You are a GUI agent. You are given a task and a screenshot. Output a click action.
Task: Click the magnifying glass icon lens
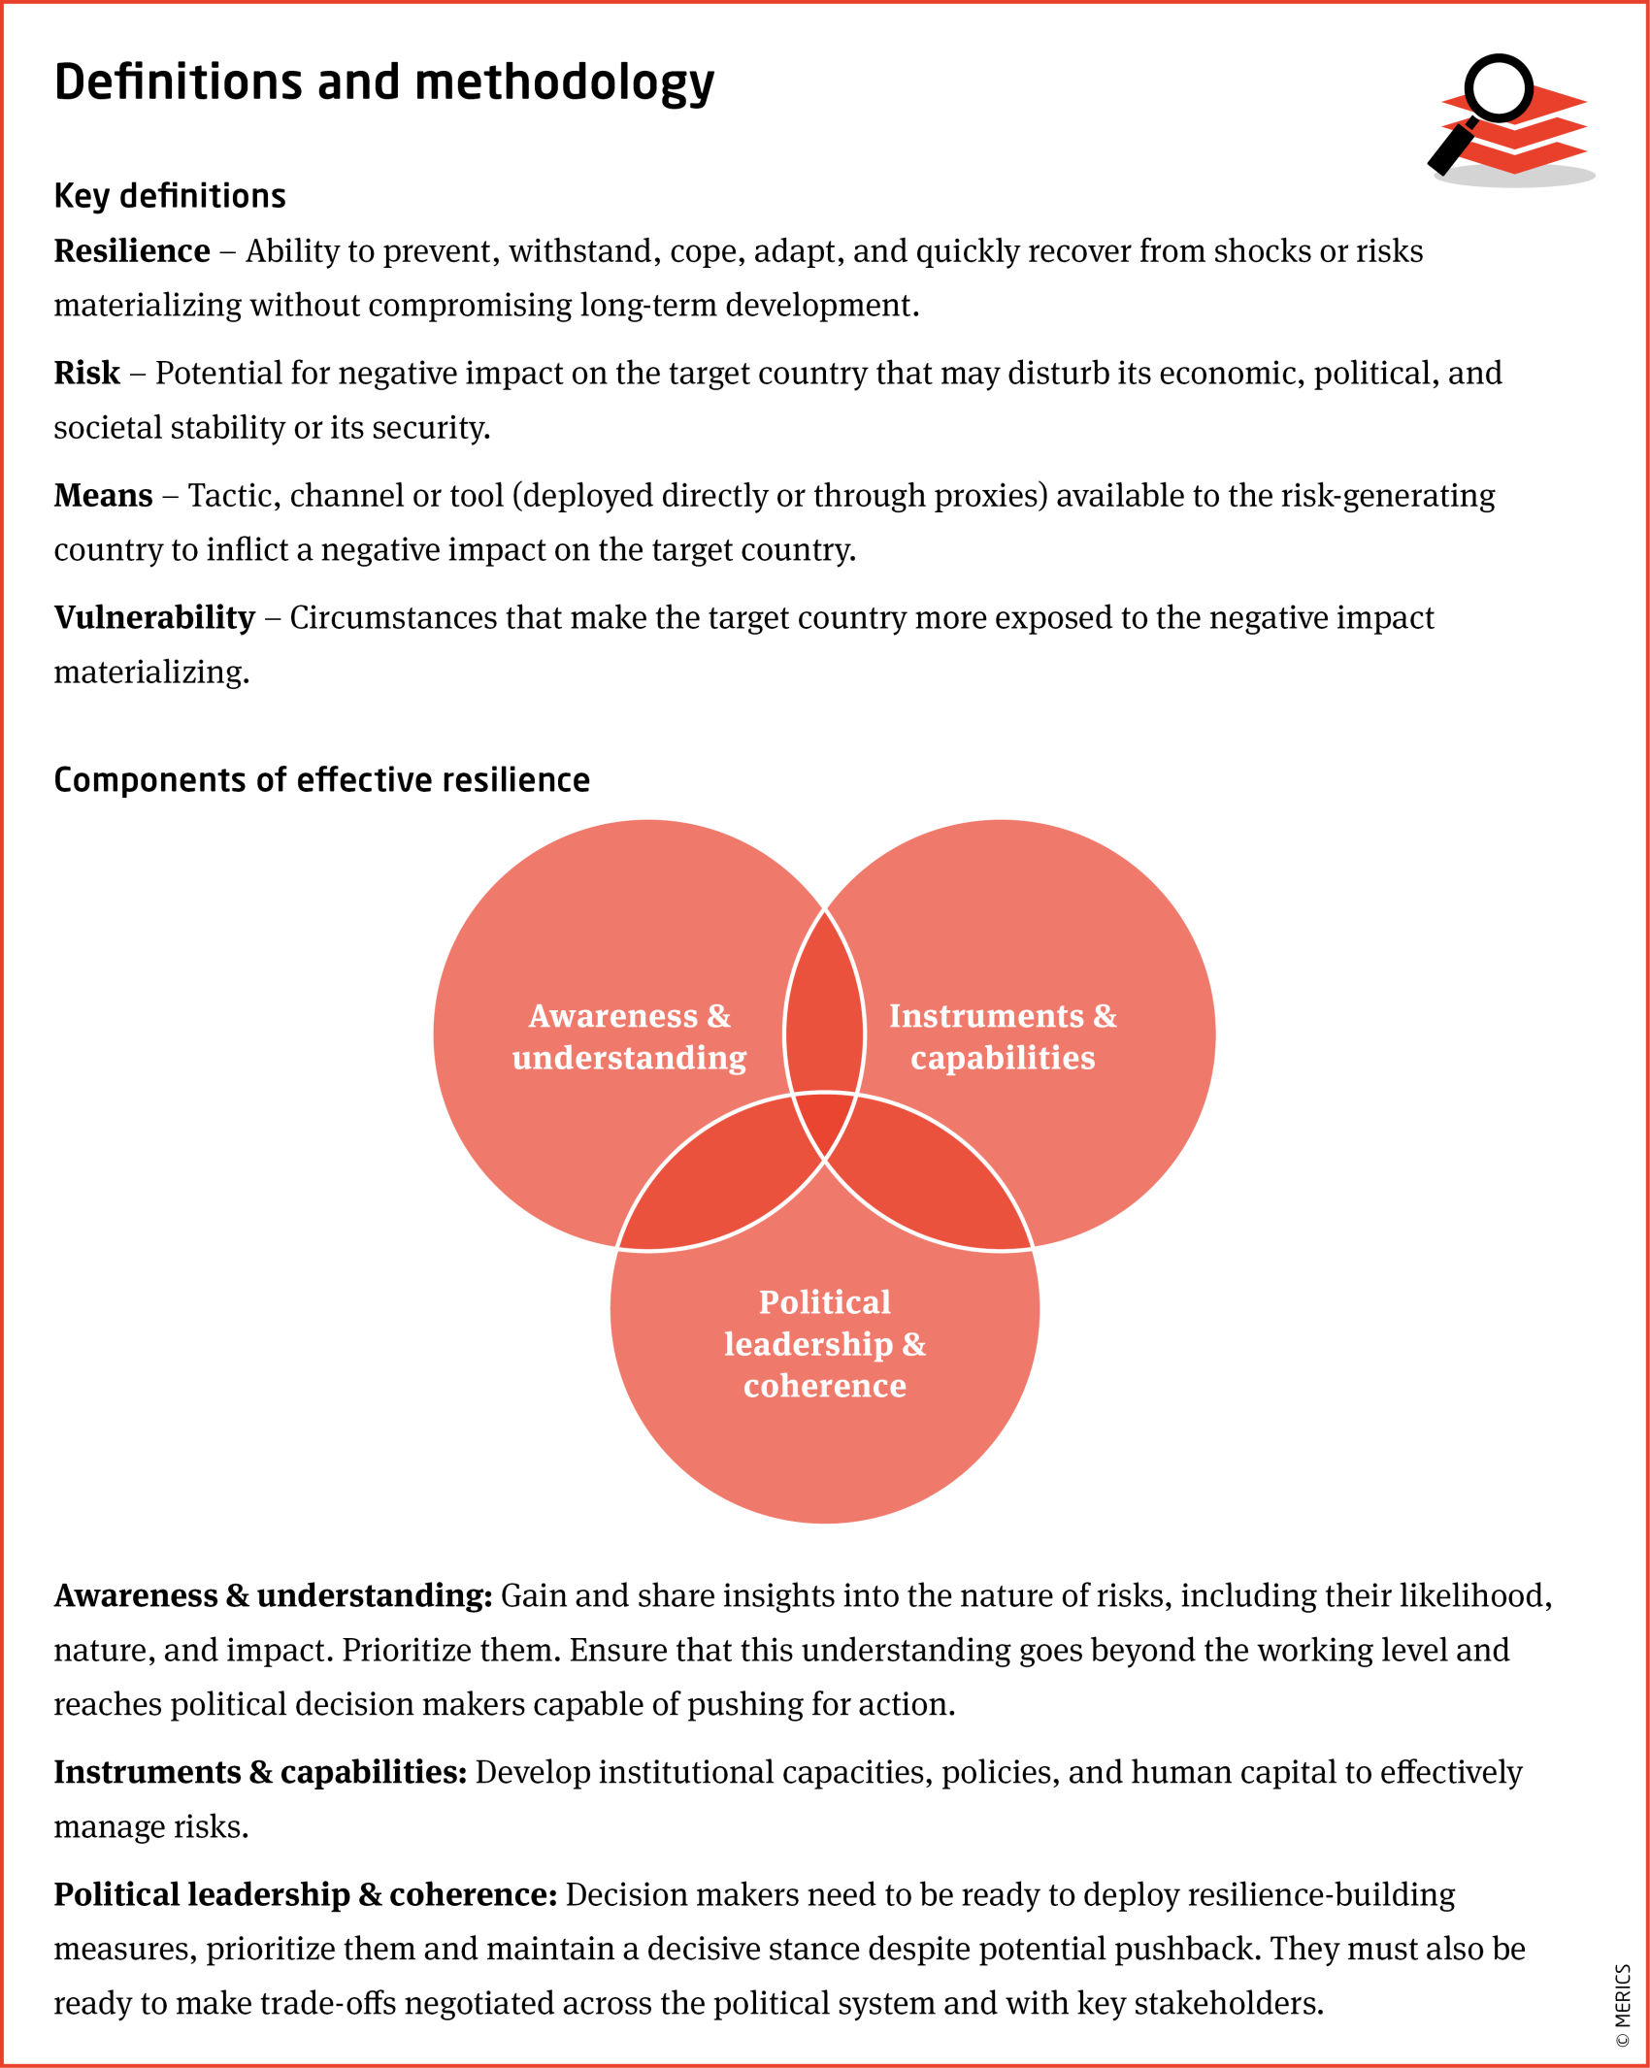pyautogui.click(x=1499, y=88)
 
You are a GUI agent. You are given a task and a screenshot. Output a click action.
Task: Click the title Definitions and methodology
pyautogui.click(x=383, y=83)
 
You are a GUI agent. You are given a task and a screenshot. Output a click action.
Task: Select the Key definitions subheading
pyautogui.click(x=170, y=196)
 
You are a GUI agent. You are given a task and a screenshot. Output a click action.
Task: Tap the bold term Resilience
pyautogui.click(x=132, y=251)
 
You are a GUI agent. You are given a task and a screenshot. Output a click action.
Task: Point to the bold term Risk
pyautogui.click(x=87, y=374)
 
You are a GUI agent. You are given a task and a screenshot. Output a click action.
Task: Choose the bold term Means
pyautogui.click(x=103, y=496)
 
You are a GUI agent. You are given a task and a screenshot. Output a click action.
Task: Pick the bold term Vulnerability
pyautogui.click(x=154, y=618)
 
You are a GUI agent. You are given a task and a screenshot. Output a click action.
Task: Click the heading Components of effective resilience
pyautogui.click(x=321, y=780)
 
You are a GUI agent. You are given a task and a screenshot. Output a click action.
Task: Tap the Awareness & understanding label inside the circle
pyautogui.click(x=629, y=1036)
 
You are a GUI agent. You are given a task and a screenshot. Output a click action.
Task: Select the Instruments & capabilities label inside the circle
pyautogui.click(x=1003, y=1036)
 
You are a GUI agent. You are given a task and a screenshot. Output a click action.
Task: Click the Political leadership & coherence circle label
pyautogui.click(x=824, y=1344)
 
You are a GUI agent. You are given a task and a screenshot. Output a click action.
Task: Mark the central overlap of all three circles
pyautogui.click(x=824, y=1121)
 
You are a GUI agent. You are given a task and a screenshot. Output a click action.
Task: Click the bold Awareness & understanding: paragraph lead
pyautogui.click(x=273, y=1596)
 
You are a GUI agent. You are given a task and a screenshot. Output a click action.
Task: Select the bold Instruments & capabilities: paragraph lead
pyautogui.click(x=260, y=1773)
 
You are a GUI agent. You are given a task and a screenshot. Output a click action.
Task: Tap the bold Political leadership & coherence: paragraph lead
pyautogui.click(x=305, y=1895)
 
